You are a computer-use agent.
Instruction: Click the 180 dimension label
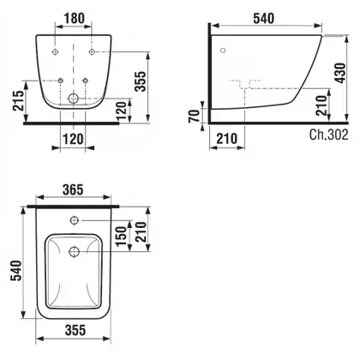(x=74, y=19)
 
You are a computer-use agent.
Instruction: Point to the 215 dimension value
(x=17, y=100)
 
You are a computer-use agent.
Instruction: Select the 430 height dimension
(x=340, y=73)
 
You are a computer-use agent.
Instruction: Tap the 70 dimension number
(x=195, y=116)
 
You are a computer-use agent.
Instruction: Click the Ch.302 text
(x=328, y=135)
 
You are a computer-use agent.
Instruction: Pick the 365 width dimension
(x=73, y=190)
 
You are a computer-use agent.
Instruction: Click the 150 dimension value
(x=122, y=236)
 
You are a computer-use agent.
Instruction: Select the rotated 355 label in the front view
(x=141, y=81)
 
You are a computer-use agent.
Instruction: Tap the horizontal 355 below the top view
(x=75, y=330)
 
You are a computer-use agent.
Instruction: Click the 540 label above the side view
(x=263, y=19)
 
